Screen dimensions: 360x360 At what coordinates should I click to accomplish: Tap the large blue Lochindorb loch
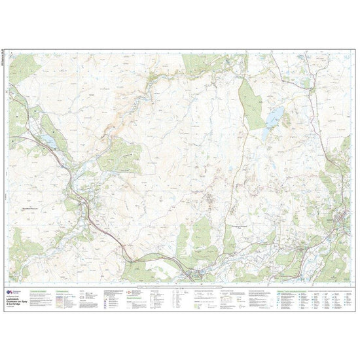click(x=274, y=118)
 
